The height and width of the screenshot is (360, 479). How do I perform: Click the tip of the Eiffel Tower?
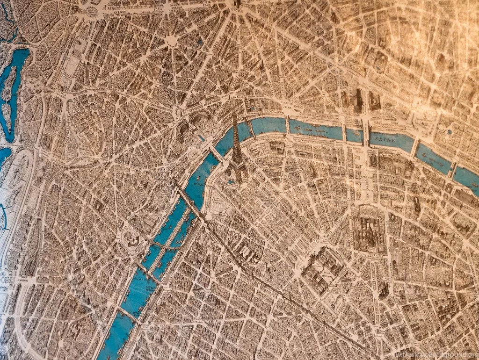235,108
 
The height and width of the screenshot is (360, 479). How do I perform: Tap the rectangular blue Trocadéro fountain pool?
202,137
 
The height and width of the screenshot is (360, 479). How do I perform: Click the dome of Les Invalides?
369,230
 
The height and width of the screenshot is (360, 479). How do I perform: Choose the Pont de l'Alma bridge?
287,125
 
